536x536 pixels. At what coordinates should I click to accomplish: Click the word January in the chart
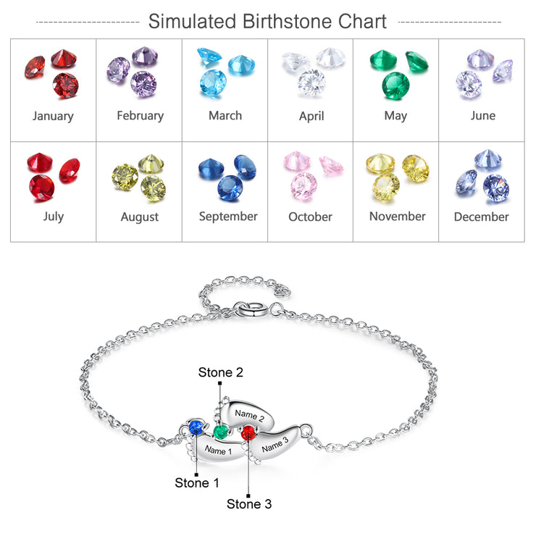coord(53,116)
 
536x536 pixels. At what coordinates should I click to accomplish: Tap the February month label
coord(140,116)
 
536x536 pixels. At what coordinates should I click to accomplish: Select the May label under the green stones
coord(396,116)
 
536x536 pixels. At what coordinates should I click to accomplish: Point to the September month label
coord(228,217)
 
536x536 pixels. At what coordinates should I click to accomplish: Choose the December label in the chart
coord(481,217)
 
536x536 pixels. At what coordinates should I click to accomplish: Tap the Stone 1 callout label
coord(197,482)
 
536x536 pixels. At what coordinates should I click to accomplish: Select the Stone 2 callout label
coord(221,372)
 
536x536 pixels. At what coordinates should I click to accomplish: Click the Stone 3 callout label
coord(249,504)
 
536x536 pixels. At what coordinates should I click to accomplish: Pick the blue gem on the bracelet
coord(196,428)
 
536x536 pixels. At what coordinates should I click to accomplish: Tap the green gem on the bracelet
coord(220,432)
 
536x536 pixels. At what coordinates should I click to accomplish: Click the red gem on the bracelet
coord(248,433)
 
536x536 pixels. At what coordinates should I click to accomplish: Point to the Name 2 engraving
coord(250,415)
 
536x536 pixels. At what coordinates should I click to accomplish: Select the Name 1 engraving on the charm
coord(218,451)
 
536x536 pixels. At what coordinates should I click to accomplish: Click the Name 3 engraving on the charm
coord(275,445)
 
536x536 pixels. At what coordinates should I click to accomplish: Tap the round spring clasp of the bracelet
coord(249,310)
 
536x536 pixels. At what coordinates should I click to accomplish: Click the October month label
coord(311,217)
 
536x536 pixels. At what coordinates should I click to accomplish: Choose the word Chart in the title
coord(362,21)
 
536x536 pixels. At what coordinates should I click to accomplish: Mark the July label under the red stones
coord(54,217)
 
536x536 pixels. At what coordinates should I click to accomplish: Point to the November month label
coord(398,217)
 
